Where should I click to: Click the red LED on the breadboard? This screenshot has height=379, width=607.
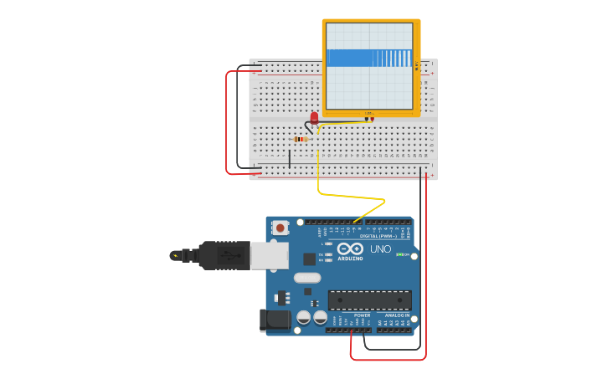pos(314,118)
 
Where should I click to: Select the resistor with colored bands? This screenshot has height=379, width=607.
pos(301,139)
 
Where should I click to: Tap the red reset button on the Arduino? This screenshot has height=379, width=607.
pos(280,227)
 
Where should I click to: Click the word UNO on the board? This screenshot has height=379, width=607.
pos(380,249)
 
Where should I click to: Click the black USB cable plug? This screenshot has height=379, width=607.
pos(221,254)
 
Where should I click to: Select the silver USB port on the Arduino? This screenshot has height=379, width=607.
pos(269,255)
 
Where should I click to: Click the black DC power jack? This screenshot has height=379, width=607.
pos(276,320)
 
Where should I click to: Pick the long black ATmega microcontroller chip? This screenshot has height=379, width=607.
pos(369,300)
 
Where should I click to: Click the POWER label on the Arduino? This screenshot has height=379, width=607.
pos(362,315)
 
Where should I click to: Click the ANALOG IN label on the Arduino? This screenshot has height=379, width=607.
pos(397,315)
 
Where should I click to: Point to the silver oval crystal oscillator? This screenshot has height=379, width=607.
pos(306,278)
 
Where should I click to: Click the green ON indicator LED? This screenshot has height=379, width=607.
pos(399,254)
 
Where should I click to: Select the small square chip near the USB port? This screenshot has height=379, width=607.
pos(309,259)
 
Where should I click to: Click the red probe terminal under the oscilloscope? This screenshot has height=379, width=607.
pos(373,119)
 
